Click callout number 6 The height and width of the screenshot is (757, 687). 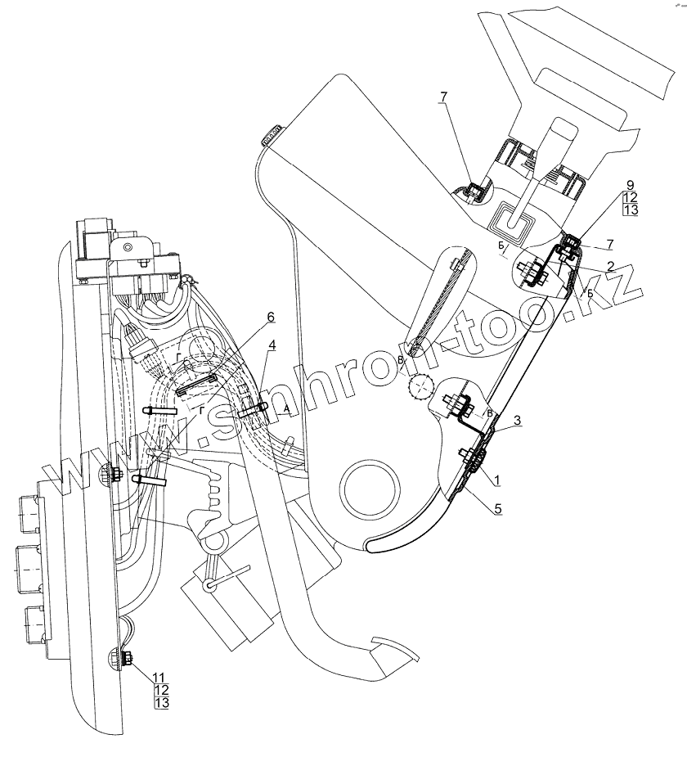[x=271, y=317]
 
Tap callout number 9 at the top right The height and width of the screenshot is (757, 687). [x=630, y=186]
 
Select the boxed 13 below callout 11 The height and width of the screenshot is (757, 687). [x=160, y=703]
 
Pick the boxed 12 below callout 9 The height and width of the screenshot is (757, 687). [x=630, y=198]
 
